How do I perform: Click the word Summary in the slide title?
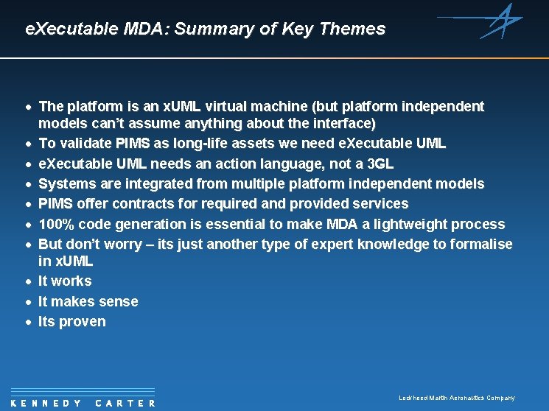pyautogui.click(x=211, y=29)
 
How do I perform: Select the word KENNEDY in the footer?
pyautogui.click(x=47, y=403)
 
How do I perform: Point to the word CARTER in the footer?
pyautogui.click(x=126, y=403)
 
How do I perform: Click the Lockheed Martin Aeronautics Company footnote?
pyautogui.click(x=456, y=398)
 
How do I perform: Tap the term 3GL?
pyautogui.click(x=380, y=163)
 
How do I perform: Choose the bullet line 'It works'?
pyautogui.click(x=65, y=281)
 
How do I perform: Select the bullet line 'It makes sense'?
pyautogui.click(x=88, y=301)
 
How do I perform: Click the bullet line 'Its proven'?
pyautogui.click(x=71, y=321)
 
